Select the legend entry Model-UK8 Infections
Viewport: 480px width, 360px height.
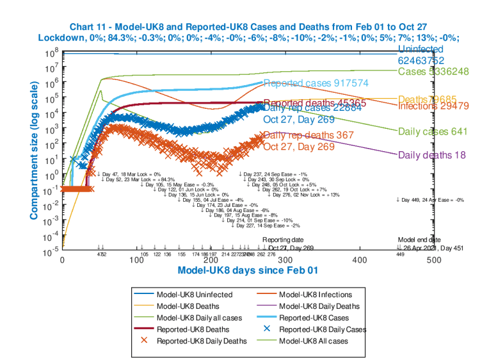pyautogui.click(x=316, y=295)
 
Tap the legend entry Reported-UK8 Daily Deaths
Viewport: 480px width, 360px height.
pyautogui.click(x=202, y=341)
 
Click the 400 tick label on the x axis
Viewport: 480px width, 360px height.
pyautogui.click(x=360, y=261)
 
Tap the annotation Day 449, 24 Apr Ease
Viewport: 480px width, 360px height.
pyautogui.click(x=430, y=200)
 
